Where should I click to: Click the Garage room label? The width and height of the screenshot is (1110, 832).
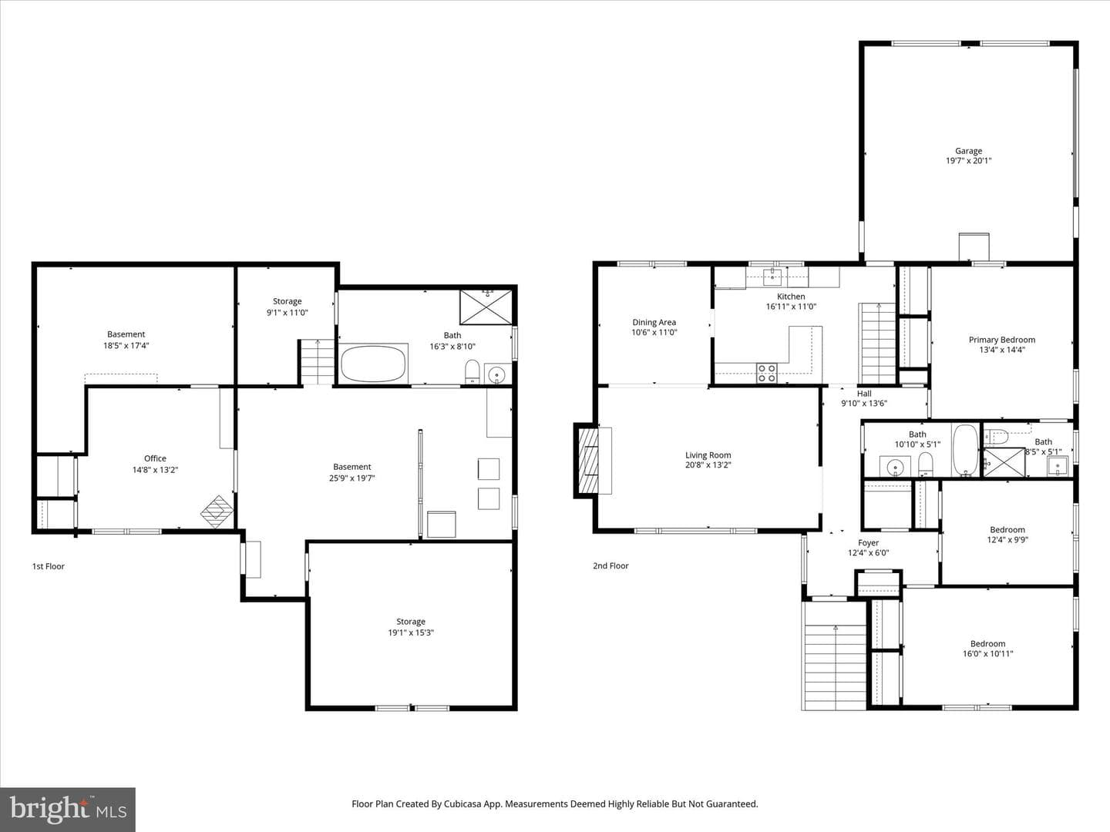968,150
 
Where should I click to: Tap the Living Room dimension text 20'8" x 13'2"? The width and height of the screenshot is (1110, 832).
708,465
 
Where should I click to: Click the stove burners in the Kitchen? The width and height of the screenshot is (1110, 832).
767,373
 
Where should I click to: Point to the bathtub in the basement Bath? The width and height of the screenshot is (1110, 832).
373,364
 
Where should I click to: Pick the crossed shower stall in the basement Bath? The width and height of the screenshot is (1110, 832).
486,307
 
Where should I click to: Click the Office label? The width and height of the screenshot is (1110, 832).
155,458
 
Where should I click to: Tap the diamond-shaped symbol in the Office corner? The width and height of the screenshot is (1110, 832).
217,512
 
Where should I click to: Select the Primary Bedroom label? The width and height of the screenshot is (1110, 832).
1002,340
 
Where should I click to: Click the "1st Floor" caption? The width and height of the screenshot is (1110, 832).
49,566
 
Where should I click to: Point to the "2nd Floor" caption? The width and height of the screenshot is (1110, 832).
610,565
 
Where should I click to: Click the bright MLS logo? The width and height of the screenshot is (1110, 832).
68,810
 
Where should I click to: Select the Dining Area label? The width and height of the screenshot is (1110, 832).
654,322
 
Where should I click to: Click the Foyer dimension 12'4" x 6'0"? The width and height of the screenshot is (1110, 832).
868,552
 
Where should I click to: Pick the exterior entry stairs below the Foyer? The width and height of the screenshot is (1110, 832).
835,656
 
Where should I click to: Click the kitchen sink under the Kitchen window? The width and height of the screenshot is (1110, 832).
772,277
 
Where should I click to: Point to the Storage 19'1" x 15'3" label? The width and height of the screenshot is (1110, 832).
411,627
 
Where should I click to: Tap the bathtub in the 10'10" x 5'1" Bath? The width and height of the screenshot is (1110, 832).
966,450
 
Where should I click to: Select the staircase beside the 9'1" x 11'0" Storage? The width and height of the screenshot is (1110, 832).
318,362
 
